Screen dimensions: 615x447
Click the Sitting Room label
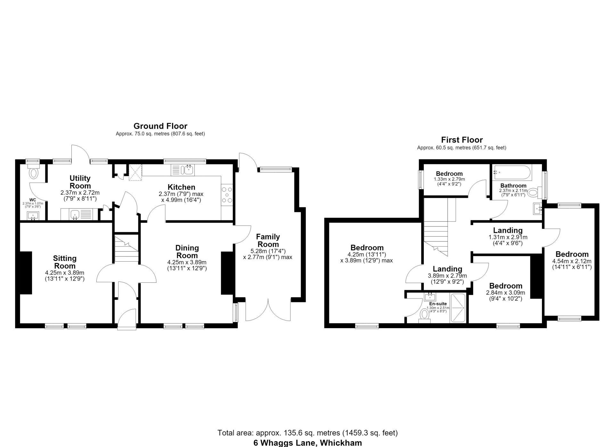(65, 262)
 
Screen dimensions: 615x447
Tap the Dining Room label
(187, 252)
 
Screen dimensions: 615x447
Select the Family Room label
(268, 240)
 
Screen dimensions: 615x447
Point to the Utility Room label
(80, 182)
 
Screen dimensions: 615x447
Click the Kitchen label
(181, 187)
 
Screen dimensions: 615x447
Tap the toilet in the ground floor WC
(33, 172)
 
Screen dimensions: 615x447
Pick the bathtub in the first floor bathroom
(512, 173)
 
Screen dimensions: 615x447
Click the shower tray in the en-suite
(459, 307)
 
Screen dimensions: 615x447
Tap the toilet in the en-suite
(425, 315)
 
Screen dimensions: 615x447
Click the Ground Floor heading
(160, 126)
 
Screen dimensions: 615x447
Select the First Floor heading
(462, 140)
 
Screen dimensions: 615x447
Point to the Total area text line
(307, 433)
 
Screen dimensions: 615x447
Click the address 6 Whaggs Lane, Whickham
(308, 443)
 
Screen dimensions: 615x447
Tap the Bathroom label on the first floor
(513, 185)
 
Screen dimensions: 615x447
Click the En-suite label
(438, 304)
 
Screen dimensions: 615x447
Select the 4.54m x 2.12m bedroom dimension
(572, 261)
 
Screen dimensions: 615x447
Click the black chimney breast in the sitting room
(26, 273)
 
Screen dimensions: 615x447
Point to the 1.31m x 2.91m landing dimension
(508, 237)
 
